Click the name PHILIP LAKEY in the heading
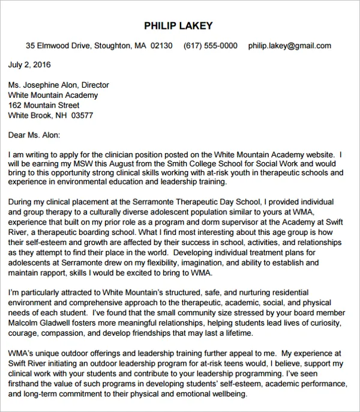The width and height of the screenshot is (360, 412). [178, 26]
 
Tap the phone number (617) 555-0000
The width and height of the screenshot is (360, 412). [210, 46]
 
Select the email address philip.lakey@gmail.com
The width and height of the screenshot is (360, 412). [290, 46]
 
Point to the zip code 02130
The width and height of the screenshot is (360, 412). [161, 46]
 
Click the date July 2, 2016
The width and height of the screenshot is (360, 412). [29, 65]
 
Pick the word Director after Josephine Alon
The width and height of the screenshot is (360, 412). [95, 85]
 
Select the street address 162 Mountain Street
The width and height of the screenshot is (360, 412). [44, 105]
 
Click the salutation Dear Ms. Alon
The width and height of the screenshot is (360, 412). [34, 135]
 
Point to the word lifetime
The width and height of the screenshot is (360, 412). [236, 333]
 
